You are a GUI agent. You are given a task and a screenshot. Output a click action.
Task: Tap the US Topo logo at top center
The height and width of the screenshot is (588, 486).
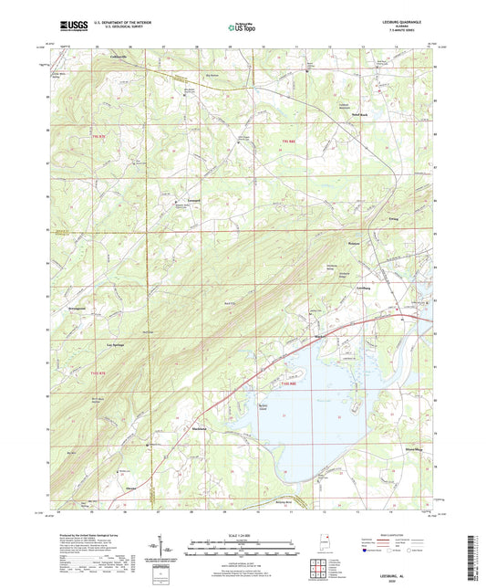point(242,28)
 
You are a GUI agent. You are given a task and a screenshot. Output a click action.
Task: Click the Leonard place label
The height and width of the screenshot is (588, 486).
point(193,198)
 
